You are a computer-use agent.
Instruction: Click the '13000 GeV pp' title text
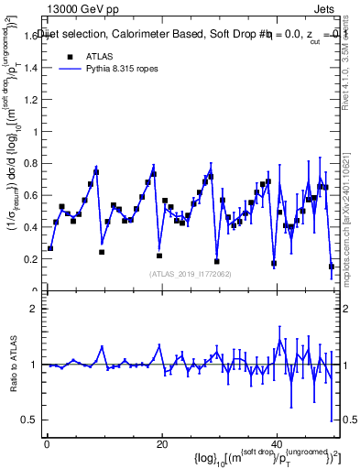(83, 8)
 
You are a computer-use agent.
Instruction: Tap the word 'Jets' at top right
(328, 8)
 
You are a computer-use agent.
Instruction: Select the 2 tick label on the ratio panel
(34, 309)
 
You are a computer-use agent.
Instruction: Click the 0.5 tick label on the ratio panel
(29, 420)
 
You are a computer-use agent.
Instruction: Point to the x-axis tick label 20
(162, 443)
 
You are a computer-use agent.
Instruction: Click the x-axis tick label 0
(47, 443)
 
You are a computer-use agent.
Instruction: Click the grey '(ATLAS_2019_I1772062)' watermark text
(191, 273)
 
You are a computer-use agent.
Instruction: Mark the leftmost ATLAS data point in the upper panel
(50, 248)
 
